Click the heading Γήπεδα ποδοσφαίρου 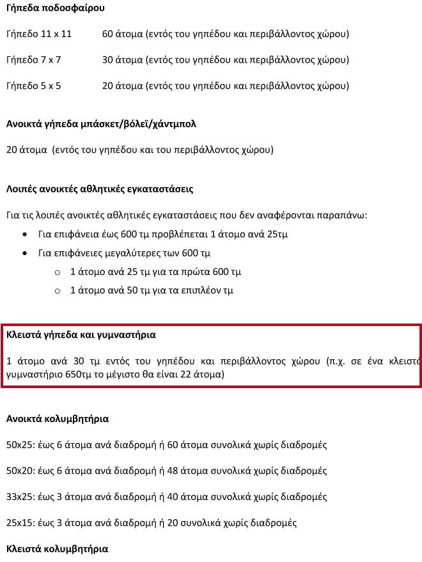click(55, 8)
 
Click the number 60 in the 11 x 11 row click(107, 34)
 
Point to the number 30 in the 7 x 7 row click(107, 60)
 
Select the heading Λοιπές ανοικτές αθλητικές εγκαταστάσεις click(99, 189)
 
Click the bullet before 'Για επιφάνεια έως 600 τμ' click(24, 234)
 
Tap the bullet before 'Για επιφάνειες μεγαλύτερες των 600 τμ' click(24, 253)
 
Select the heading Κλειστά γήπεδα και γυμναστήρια click(81, 334)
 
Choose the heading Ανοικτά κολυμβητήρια click(57, 419)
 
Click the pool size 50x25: click(20, 445)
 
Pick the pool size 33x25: click(20, 497)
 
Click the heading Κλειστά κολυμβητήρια click(57, 549)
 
